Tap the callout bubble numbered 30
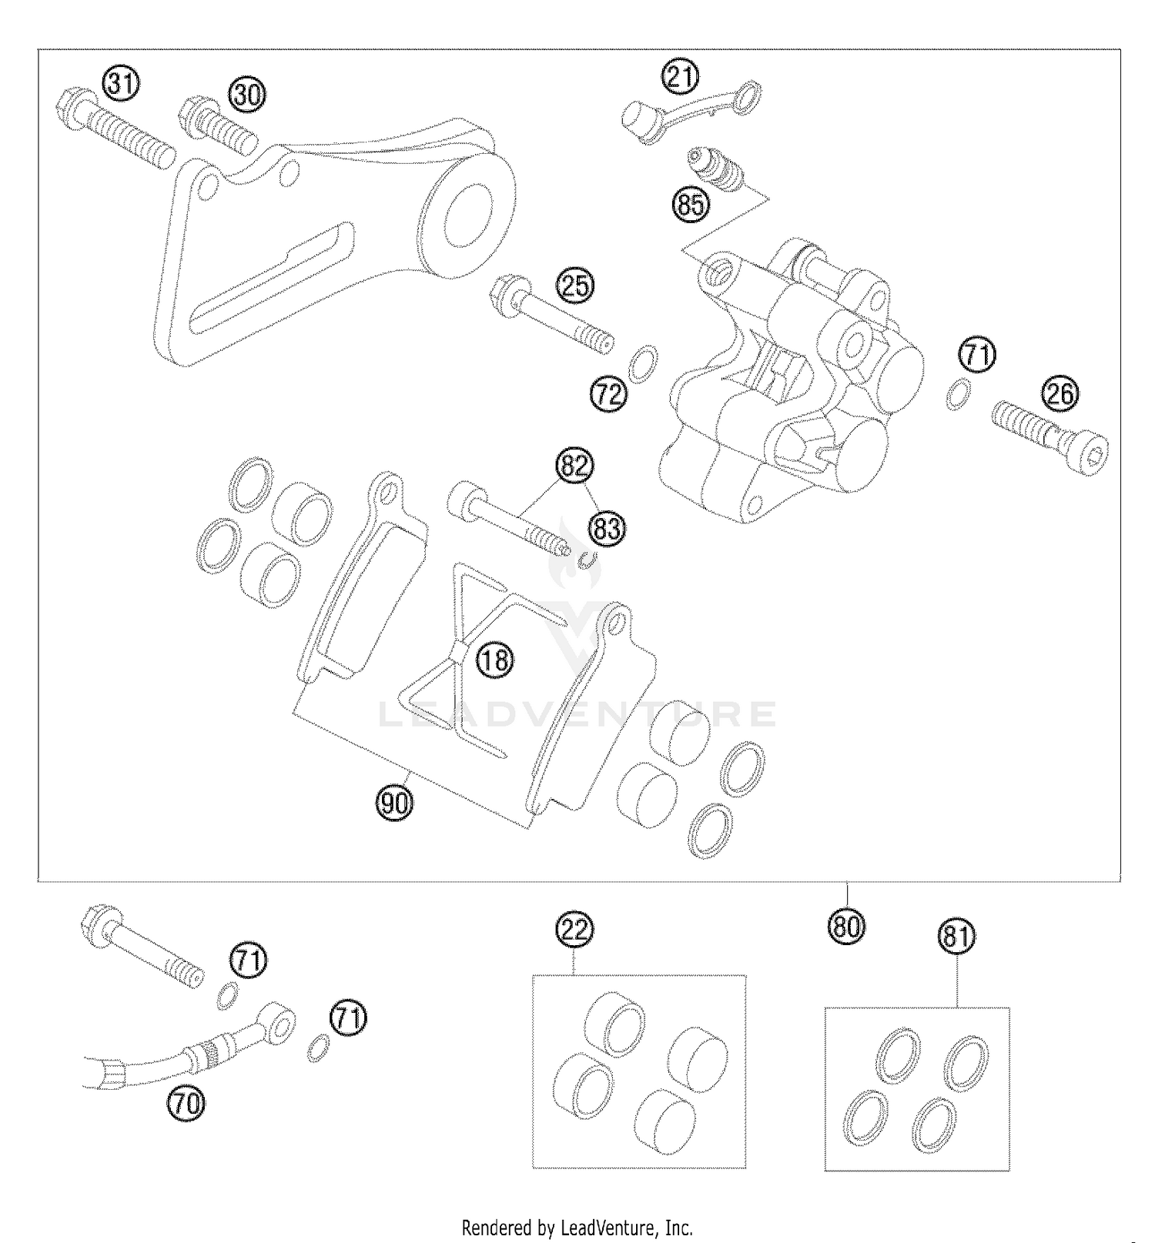point(247,95)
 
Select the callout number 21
point(680,78)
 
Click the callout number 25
point(577,286)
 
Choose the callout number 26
point(1060,394)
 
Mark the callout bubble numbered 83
point(608,528)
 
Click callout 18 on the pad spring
point(495,660)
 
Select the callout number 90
point(394,804)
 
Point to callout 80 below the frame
point(846,926)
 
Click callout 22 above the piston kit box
point(577,930)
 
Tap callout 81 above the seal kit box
point(956,937)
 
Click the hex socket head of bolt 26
point(1094,453)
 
